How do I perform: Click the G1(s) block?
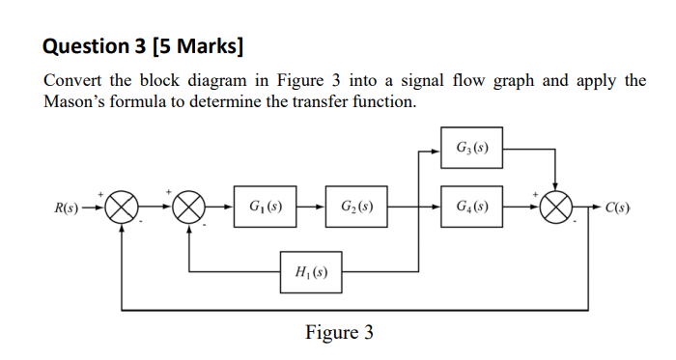264,208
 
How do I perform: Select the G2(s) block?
356,208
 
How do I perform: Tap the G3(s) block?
471,149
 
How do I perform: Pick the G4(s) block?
471,208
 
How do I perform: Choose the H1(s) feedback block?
310,272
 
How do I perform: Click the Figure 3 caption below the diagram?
339,333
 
